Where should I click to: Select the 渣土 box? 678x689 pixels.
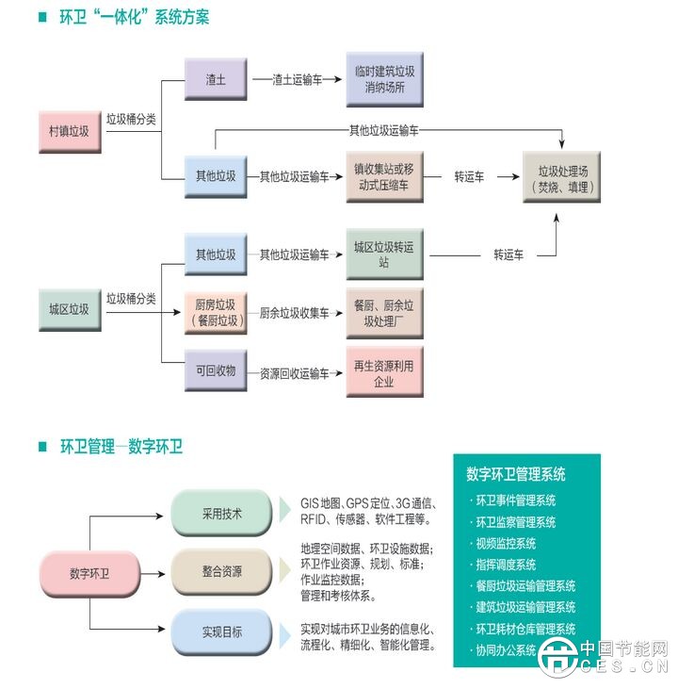coord(216,80)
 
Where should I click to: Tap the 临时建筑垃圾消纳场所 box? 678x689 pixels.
coord(384,80)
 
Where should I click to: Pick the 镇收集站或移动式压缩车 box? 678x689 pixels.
coord(384,176)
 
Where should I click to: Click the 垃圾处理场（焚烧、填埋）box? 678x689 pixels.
coord(562,178)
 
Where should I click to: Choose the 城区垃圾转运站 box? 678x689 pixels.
coord(384,254)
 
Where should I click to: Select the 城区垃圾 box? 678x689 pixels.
coord(69,308)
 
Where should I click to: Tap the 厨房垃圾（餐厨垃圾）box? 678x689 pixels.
coord(216,313)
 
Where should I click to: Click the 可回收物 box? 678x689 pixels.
coord(216,369)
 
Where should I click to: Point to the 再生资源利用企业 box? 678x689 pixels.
coord(384,372)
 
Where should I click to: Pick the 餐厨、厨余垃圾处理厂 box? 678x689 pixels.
coord(384,313)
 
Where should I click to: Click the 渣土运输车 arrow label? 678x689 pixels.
coord(297,80)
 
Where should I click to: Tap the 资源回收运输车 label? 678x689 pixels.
coord(295,374)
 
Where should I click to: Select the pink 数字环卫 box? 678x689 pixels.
coord(90,573)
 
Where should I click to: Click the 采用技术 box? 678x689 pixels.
coord(222,514)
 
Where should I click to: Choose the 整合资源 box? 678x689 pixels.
coord(222,572)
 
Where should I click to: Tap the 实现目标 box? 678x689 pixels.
coord(222,632)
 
